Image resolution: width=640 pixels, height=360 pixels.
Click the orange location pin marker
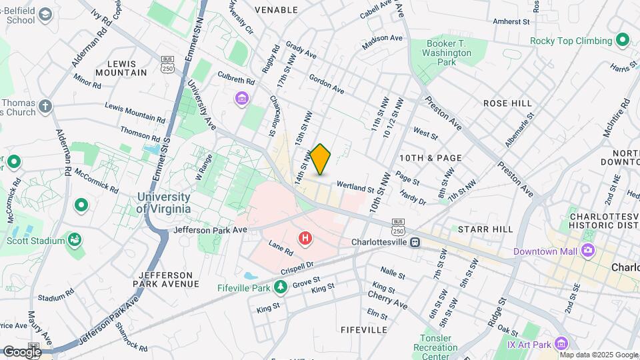321,159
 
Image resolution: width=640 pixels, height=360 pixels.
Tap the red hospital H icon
305,238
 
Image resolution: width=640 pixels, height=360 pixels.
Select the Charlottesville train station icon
415,242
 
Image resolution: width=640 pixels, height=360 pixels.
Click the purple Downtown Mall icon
587,251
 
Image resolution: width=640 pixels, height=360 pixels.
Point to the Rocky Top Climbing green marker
623,41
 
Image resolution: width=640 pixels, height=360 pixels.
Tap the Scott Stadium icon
75,239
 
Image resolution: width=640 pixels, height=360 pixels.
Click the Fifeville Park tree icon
281,287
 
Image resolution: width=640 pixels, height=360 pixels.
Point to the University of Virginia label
163,203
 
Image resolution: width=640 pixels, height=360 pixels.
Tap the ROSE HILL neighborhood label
507,103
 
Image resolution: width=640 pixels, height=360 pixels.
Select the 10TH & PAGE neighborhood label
430,158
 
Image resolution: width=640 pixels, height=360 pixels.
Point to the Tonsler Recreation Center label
435,347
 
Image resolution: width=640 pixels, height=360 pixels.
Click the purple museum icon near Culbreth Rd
241,99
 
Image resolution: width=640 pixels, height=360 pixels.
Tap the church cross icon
45,106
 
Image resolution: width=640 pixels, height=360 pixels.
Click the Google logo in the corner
21,351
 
